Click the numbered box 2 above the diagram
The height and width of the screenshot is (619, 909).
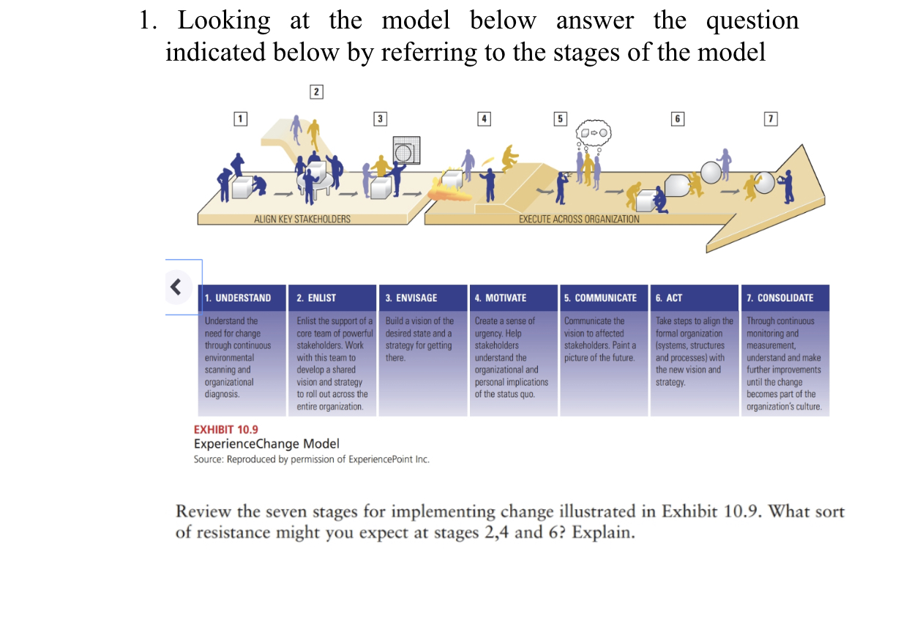pyautogui.click(x=316, y=91)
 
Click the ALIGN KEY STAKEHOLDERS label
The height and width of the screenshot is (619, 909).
pyautogui.click(x=302, y=219)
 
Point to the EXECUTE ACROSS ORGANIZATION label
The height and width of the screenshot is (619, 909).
pyautogui.click(x=578, y=219)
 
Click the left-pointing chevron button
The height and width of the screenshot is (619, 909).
pyautogui.click(x=176, y=286)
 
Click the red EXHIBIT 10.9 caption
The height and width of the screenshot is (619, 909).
pyautogui.click(x=225, y=429)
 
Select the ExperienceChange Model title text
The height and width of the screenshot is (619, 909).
pyautogui.click(x=266, y=444)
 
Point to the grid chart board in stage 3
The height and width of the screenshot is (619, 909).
pyautogui.click(x=404, y=150)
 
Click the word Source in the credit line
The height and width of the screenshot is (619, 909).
pyautogui.click(x=209, y=459)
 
